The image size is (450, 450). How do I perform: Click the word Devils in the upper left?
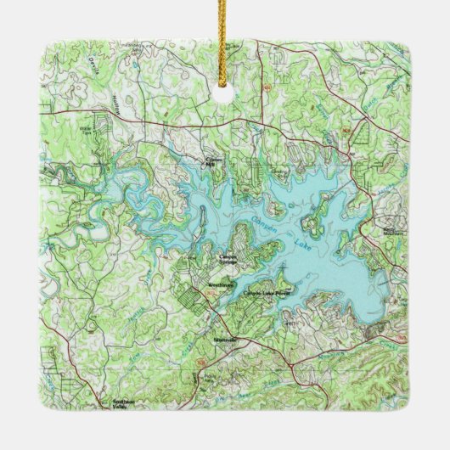pyautogui.click(x=93, y=65)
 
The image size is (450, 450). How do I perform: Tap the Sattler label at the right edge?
pyautogui.click(x=393, y=229)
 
